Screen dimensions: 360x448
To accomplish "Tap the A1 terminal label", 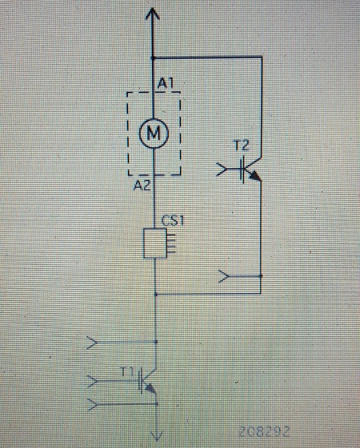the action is (x=166, y=84).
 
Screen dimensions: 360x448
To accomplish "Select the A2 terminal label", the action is (x=142, y=186).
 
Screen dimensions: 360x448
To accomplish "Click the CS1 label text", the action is (x=173, y=221).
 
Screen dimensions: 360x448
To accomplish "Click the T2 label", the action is (x=242, y=146).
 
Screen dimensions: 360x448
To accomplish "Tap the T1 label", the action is (x=127, y=372).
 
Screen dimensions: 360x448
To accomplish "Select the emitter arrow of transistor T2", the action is (x=255, y=175).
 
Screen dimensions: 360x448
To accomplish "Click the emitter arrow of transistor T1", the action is (x=150, y=388).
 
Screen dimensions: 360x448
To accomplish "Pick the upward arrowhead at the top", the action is (x=152, y=14).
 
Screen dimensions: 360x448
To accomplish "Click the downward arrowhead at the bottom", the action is (x=157, y=436).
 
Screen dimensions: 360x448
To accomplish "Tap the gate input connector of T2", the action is (x=222, y=170).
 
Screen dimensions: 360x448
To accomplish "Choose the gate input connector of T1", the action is (x=93, y=381).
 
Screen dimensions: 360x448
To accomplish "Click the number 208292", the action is (x=264, y=431).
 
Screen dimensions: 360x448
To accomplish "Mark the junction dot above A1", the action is (x=153, y=58).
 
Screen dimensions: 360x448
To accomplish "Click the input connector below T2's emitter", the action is (x=224, y=276).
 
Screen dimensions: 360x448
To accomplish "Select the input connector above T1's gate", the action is (x=92, y=342).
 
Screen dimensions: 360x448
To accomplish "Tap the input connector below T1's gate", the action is (x=93, y=404).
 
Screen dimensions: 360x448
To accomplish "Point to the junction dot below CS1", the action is (x=156, y=294).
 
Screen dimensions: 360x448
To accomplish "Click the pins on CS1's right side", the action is (x=171, y=243).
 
